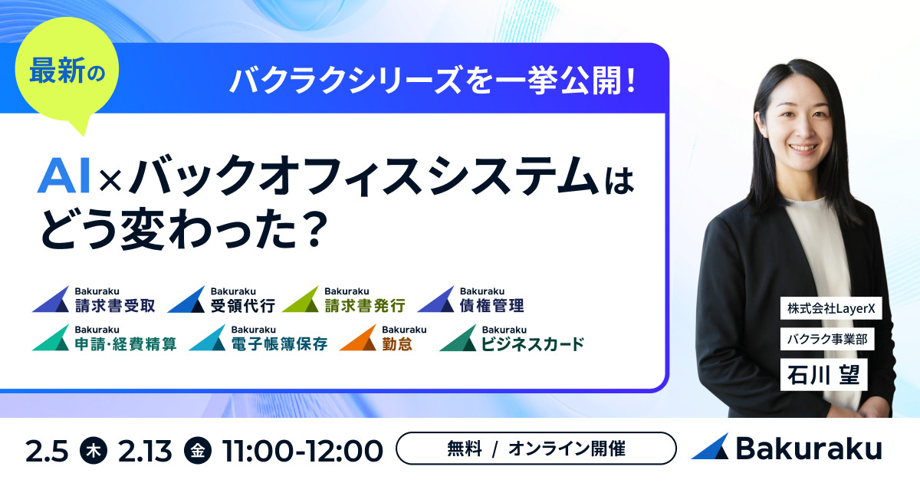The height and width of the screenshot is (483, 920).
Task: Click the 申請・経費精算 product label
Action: [126, 343]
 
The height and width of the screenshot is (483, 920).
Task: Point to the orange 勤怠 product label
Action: [397, 343]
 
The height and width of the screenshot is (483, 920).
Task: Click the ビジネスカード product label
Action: [532, 343]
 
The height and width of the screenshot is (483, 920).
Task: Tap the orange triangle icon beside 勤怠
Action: [356, 338]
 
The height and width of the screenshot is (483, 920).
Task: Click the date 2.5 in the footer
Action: [48, 450]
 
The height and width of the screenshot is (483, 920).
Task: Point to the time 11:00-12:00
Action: [302, 450]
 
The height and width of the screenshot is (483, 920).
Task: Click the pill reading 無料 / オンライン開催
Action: [536, 449]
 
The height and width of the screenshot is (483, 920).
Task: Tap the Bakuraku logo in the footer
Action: [786, 449]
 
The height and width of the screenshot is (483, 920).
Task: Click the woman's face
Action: [807, 123]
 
